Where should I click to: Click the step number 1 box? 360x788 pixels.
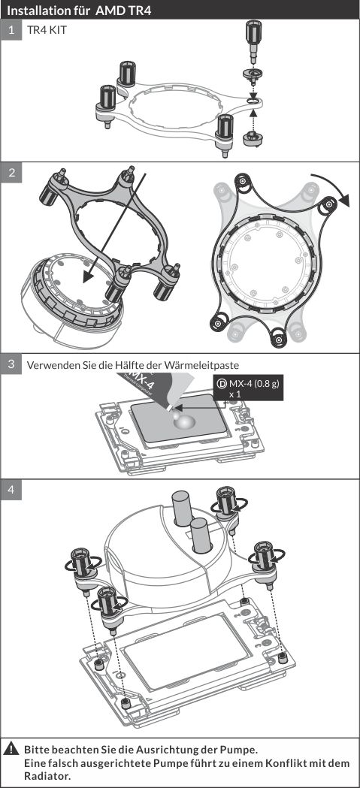[x=11, y=29]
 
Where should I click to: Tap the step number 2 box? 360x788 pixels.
[x=11, y=172]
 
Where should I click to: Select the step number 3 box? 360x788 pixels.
[x=11, y=364]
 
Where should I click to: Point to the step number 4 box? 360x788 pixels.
[x=11, y=490]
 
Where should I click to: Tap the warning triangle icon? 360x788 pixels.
[x=11, y=750]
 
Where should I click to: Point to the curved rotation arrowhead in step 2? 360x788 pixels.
[x=344, y=201]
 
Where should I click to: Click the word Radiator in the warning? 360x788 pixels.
[x=45, y=777]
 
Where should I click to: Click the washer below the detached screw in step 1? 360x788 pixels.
[x=253, y=74]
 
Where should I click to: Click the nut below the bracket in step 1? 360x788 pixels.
[x=251, y=137]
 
